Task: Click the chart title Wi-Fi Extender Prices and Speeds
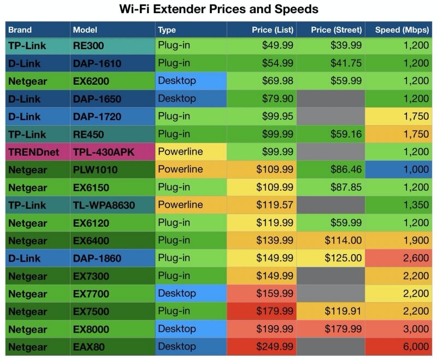pos(219,9)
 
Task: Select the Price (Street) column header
pos(336,30)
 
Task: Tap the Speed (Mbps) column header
pos(402,30)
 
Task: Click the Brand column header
pos(20,30)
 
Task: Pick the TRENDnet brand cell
pos(33,152)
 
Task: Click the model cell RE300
pos(88,46)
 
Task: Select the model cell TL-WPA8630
pos(104,205)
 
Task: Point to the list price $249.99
pos(275,347)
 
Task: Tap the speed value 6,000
pos(416,347)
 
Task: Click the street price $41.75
pos(346,63)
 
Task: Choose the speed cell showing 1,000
pos(416,169)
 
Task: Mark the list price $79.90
pos(277,99)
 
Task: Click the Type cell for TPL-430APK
pos(180,151)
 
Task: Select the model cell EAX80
pos(88,347)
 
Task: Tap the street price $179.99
pos(343,329)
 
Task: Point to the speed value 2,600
pos(416,258)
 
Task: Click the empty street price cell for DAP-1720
pos(331,116)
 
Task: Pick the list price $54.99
pos(277,63)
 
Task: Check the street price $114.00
pos(343,240)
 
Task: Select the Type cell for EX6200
pos(176,81)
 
